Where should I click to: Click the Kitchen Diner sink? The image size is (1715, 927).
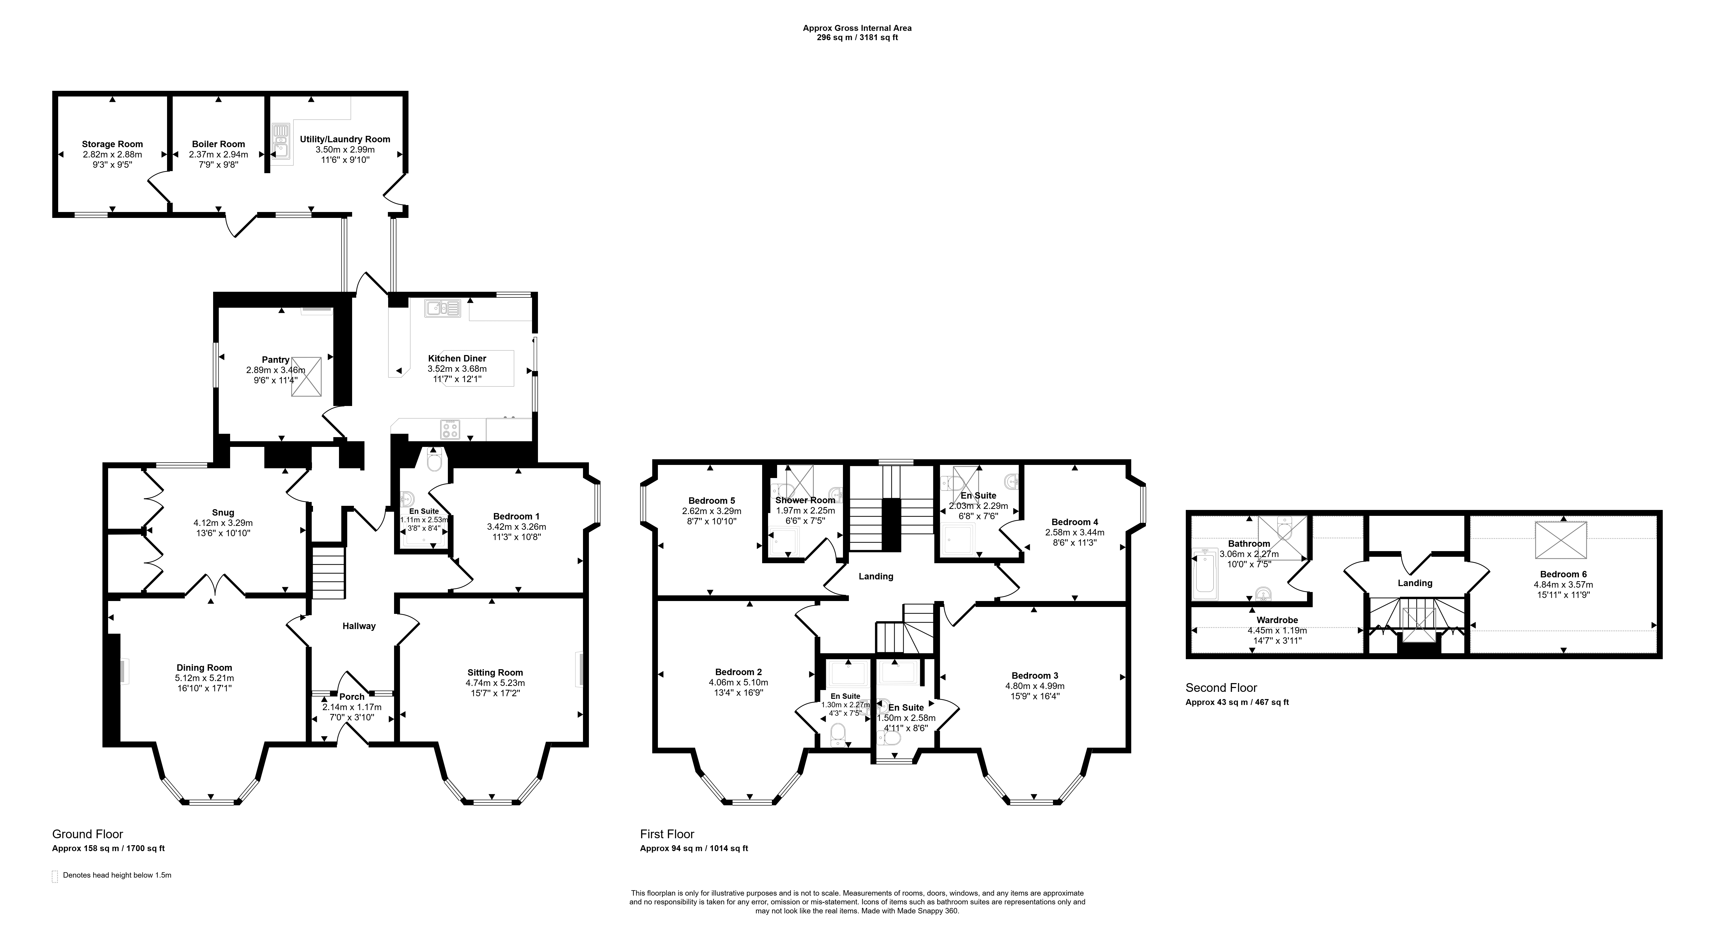443,308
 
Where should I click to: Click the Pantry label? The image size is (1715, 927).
275,360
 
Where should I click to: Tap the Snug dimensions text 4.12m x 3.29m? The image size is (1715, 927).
223,523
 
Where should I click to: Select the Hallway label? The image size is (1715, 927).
359,626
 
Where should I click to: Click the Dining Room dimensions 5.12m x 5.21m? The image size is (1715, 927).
204,678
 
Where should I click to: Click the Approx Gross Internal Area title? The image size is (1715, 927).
857,28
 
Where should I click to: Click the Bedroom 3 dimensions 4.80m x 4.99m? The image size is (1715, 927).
1035,686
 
